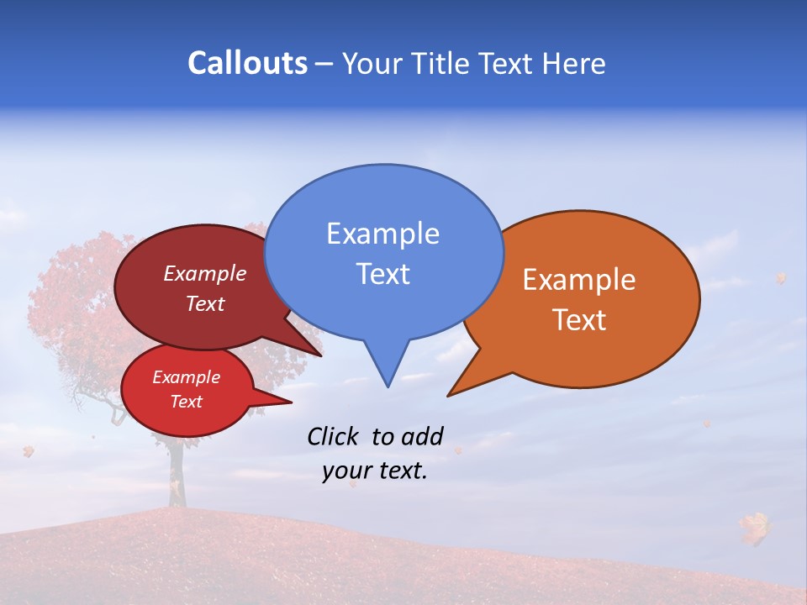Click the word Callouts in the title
click(x=247, y=63)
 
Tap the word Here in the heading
click(x=572, y=64)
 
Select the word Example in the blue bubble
click(x=382, y=234)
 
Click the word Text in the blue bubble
click(x=382, y=274)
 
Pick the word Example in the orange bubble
click(x=579, y=280)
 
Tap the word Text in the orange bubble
click(x=579, y=320)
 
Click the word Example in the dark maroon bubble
click(x=205, y=274)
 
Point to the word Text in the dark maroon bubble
click(x=205, y=304)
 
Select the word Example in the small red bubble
click(x=187, y=377)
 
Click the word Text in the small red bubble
click(x=187, y=402)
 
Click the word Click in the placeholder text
click(x=332, y=436)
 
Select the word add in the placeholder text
click(x=422, y=436)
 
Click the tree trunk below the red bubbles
click(x=176, y=475)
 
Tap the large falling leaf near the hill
click(x=754, y=528)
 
